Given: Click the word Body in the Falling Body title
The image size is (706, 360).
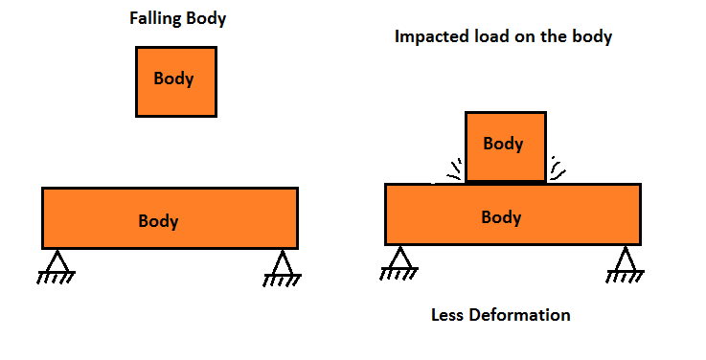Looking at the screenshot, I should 206,18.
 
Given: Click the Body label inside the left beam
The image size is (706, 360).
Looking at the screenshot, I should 158,221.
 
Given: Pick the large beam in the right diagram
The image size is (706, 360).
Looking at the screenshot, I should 431,214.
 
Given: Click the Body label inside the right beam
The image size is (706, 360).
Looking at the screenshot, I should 501,217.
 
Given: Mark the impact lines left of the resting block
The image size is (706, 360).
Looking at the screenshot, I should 451,173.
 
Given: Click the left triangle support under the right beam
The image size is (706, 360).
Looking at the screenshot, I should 400,259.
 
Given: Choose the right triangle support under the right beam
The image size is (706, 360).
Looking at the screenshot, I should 625,259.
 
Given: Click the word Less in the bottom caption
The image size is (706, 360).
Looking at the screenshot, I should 450,315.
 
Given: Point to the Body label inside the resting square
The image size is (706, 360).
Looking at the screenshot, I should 503,144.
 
